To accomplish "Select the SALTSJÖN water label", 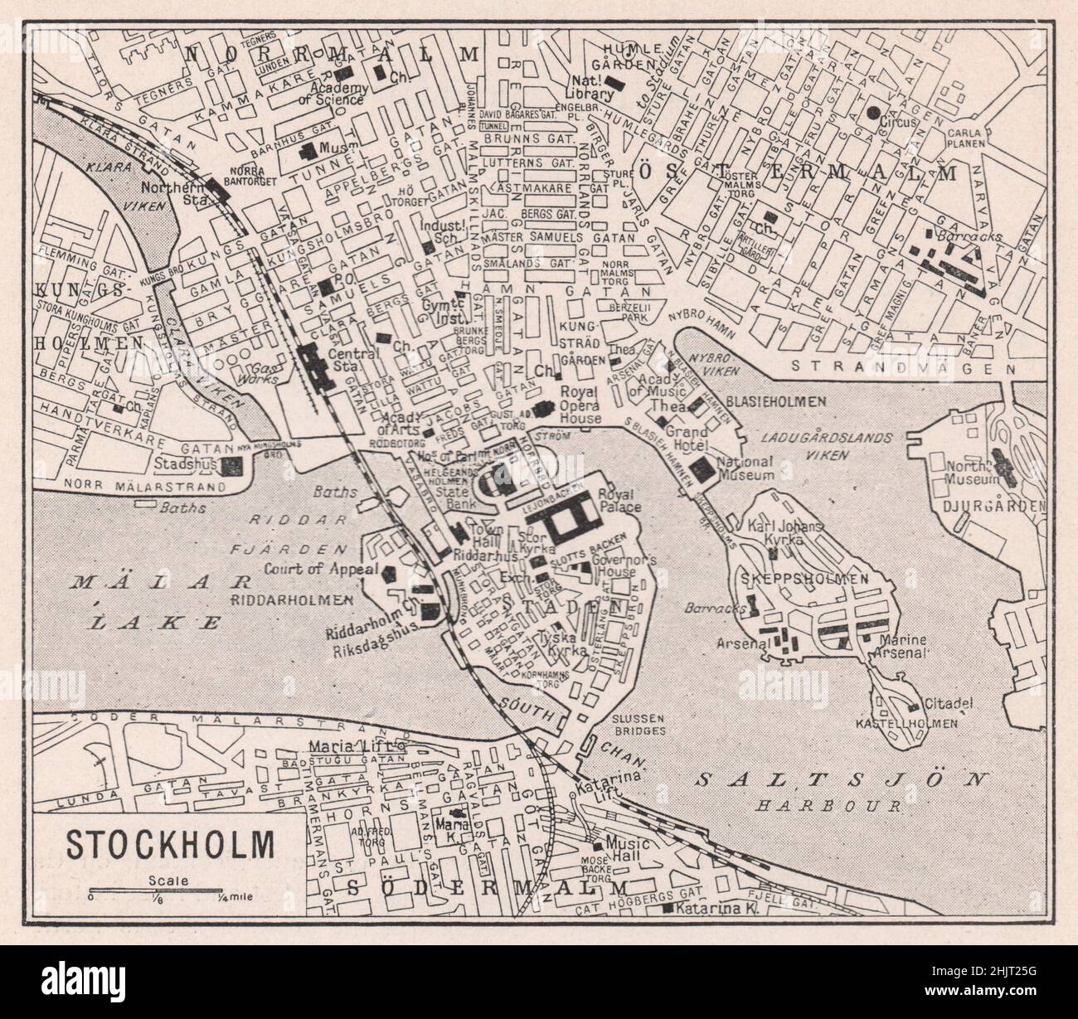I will [x=842, y=779].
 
